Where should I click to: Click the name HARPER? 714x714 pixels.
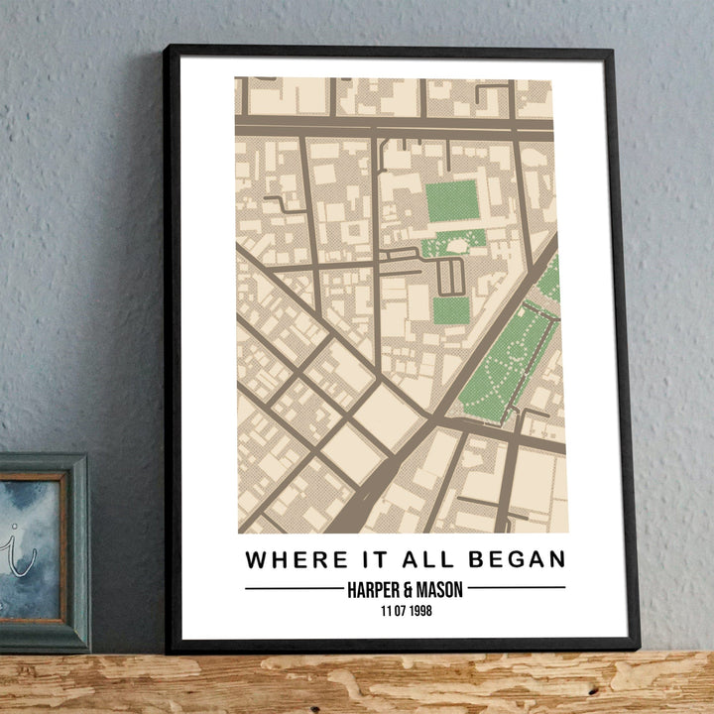375,589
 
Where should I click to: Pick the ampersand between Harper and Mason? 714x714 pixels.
411,589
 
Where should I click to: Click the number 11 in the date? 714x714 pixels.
386,611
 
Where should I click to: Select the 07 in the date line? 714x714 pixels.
400,611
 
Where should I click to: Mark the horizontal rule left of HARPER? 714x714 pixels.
294,588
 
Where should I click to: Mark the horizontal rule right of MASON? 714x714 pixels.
516,588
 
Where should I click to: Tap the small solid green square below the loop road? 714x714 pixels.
451,310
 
